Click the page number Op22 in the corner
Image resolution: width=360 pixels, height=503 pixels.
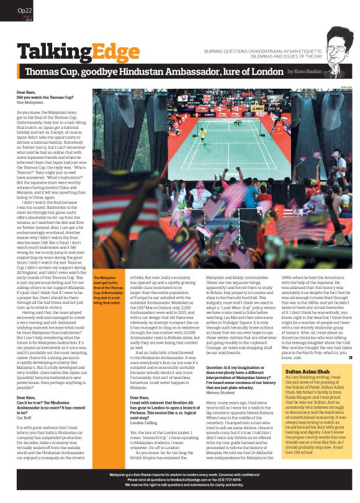(x=25, y=11)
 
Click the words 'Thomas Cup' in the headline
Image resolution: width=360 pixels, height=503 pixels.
(x=52, y=73)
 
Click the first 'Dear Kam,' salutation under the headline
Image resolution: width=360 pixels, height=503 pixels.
(x=26, y=92)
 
